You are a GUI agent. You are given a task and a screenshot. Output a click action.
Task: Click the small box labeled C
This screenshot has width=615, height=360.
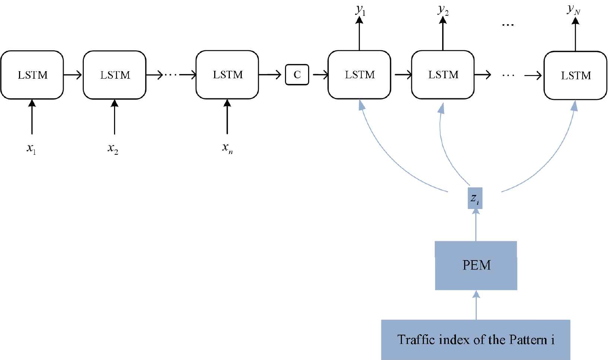(x=297, y=75)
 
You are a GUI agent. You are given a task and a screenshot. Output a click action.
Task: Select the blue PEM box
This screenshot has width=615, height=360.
(x=476, y=265)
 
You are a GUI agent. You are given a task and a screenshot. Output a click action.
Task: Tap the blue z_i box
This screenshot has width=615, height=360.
(x=475, y=198)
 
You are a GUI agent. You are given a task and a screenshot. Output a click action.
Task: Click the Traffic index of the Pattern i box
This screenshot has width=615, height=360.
(x=476, y=340)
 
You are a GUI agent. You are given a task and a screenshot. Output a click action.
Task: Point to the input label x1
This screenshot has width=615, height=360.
(x=31, y=148)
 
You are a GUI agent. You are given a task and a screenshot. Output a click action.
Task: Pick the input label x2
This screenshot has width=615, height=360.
(x=113, y=148)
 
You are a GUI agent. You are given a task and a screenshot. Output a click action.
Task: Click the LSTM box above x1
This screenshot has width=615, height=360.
(x=32, y=75)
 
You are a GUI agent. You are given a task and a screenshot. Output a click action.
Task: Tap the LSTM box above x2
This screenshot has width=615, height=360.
(x=115, y=75)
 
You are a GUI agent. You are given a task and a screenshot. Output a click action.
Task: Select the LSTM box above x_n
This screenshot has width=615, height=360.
(x=227, y=75)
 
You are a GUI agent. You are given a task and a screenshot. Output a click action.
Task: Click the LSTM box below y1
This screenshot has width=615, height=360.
(x=359, y=75)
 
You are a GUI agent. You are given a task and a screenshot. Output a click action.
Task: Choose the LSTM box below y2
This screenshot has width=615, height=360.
(x=443, y=75)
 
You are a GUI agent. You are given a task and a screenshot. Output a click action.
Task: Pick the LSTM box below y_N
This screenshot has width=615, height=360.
(x=576, y=75)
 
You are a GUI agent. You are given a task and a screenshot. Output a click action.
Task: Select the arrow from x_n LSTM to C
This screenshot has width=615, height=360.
(x=270, y=75)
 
